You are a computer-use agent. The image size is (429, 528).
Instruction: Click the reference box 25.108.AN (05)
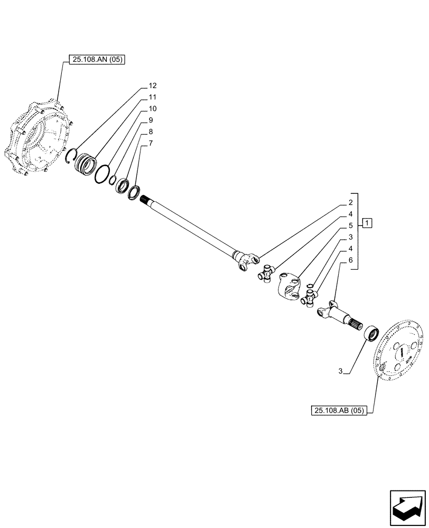pyautogui.click(x=96, y=60)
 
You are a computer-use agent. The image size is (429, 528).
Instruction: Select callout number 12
pyautogui.click(x=152, y=86)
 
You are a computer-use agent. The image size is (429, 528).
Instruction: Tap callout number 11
pyautogui.click(x=152, y=97)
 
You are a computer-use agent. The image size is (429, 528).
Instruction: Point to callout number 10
pyautogui.click(x=152, y=109)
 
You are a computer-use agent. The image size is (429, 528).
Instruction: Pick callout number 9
pyautogui.click(x=151, y=120)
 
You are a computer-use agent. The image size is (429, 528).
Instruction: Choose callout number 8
pyautogui.click(x=151, y=131)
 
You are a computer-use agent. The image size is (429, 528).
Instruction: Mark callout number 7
pyautogui.click(x=151, y=143)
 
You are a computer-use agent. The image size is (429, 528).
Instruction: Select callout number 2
pyautogui.click(x=350, y=203)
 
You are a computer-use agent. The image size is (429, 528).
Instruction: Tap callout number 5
pyautogui.click(x=350, y=225)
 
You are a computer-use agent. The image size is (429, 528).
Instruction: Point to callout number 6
pyautogui.click(x=350, y=260)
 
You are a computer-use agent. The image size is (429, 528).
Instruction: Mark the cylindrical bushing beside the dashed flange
pyautogui.click(x=371, y=335)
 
